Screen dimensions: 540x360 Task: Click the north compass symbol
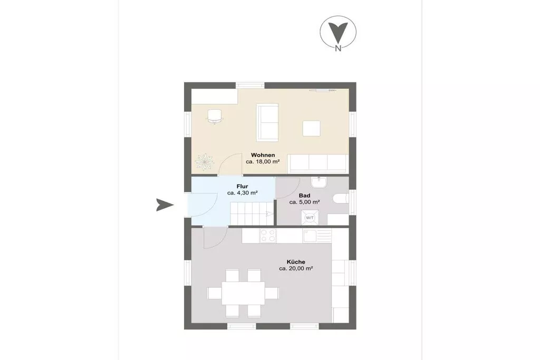[338, 33]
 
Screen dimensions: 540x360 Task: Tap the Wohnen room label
[263, 155]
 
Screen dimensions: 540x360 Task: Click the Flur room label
[243, 187]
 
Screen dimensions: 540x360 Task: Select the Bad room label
[304, 196]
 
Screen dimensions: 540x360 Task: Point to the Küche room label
[296, 262]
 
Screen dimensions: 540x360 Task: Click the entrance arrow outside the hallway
[165, 205]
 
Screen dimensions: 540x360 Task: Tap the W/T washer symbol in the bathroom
[310, 218]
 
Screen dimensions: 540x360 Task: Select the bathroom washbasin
[319, 182]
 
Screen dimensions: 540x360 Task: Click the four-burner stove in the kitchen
[268, 236]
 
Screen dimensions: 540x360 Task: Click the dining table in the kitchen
[243, 293]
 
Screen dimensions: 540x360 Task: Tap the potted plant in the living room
[204, 161]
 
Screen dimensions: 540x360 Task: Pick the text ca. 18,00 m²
[263, 161]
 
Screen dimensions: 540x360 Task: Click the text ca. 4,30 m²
[243, 193]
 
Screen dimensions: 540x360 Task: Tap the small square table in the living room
[312, 129]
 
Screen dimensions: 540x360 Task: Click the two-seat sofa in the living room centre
[267, 122]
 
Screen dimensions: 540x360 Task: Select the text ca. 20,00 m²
[296, 268]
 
